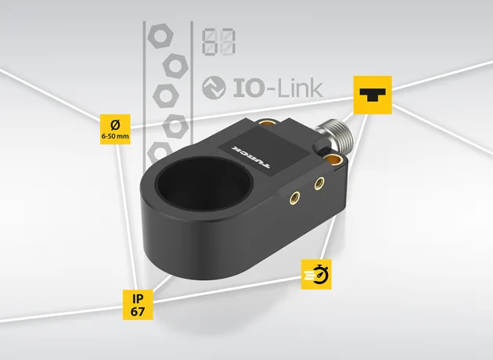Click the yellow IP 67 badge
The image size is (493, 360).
138,304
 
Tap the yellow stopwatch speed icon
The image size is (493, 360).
316,274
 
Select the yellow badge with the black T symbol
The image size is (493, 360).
372,95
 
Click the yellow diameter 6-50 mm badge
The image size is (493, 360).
115,129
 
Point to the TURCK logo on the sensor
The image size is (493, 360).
250,157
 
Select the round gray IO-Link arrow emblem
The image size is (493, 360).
214,88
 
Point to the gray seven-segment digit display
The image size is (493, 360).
219,41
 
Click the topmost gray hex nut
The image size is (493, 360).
160,35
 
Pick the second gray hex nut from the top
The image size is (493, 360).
175,66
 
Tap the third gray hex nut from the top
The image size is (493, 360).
166,96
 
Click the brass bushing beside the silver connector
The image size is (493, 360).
331,159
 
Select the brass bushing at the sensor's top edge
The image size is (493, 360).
268,122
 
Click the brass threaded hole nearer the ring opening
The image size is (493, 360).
294,198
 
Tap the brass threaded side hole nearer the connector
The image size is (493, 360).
319,183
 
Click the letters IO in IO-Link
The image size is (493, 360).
248,88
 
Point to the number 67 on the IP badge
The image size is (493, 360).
138,311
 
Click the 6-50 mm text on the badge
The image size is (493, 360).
115,136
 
